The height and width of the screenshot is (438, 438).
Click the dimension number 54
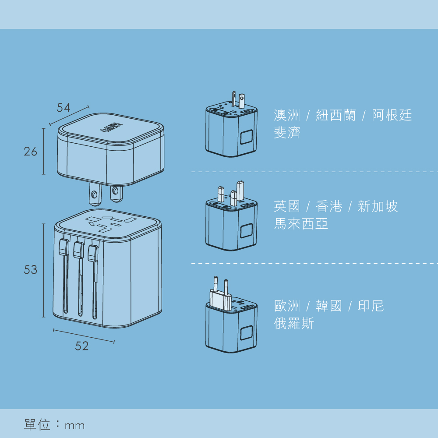64,108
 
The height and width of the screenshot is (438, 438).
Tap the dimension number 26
31,152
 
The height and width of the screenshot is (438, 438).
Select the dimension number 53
31,270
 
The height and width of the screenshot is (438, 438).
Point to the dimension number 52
82,346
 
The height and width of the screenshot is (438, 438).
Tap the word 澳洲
287,116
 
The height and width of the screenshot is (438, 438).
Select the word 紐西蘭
336,116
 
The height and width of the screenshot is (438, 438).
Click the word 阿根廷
392,116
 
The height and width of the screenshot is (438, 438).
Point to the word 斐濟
287,133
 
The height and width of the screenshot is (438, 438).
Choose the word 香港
329,206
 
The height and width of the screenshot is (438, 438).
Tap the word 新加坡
378,206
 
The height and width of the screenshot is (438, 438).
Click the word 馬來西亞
301,224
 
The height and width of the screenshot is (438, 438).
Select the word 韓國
329,306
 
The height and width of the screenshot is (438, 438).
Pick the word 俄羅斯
294,323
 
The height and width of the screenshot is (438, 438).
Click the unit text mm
74,425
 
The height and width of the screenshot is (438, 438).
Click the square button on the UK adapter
246,231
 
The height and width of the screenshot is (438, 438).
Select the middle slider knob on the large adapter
78,250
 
